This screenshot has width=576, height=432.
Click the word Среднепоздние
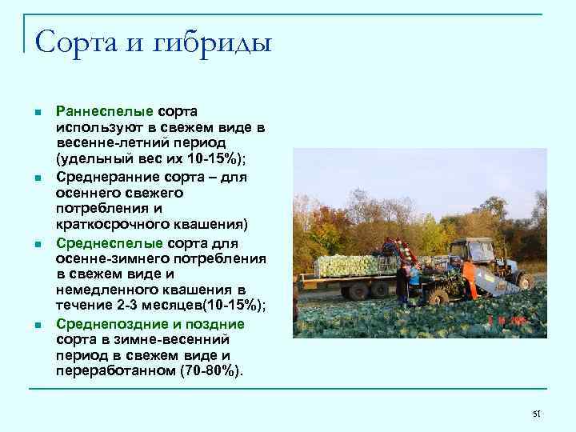pos(111,324)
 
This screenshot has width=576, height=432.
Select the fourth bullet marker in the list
pos(30,325)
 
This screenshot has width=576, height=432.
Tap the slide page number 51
pos(537,413)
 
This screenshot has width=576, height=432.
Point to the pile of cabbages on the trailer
pos(350,265)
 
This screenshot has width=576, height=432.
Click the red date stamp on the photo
pos(507,320)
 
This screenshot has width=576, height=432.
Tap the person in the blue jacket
pos(413,276)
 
